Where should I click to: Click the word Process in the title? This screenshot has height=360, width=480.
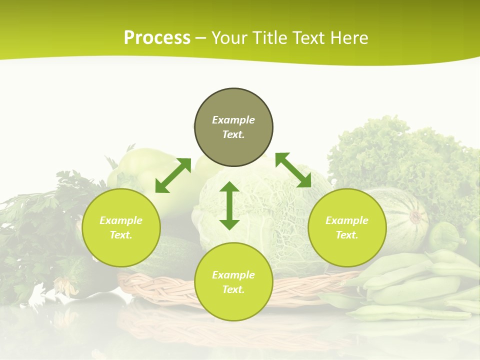coord(157,38)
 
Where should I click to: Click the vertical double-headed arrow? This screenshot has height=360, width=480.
coord(229,205)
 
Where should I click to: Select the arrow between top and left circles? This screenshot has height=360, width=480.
coord(173,175)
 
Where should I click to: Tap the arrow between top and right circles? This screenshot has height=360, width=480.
coord(293,170)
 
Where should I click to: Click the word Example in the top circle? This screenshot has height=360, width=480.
coord(233,120)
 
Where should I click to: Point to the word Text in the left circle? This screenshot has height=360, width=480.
coord(120,235)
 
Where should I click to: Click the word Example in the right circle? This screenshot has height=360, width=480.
coord(347,220)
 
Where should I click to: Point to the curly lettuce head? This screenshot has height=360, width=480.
coord(400,155)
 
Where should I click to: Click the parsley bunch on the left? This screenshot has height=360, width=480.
coord(40,225)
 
